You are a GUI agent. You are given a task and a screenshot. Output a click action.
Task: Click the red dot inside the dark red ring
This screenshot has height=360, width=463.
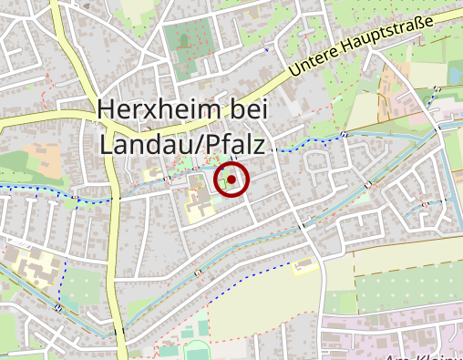[x=232, y=180]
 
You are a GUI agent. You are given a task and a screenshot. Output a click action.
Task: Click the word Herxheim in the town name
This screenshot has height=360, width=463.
[x=157, y=110]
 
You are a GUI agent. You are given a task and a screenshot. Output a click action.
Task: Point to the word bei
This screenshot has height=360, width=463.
[x=244, y=110]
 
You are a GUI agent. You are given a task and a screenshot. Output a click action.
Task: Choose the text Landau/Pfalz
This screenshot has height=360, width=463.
[x=181, y=143]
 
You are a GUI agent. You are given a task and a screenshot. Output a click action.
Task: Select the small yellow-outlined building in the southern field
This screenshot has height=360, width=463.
[x=304, y=266]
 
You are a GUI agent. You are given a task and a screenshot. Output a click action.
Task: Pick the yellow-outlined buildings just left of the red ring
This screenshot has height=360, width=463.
[x=198, y=202]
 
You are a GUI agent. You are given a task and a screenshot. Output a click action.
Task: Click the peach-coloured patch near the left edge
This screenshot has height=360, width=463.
[x=41, y=146]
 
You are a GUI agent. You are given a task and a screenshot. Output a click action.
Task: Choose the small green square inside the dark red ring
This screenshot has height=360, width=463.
[x=223, y=180]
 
